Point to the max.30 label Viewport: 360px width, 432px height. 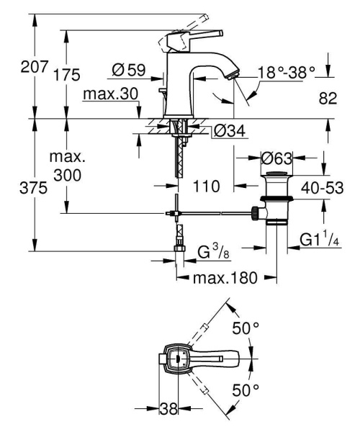[x=109, y=94]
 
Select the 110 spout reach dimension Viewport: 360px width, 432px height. [x=207, y=186]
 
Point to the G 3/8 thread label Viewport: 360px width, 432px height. [x=212, y=251]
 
